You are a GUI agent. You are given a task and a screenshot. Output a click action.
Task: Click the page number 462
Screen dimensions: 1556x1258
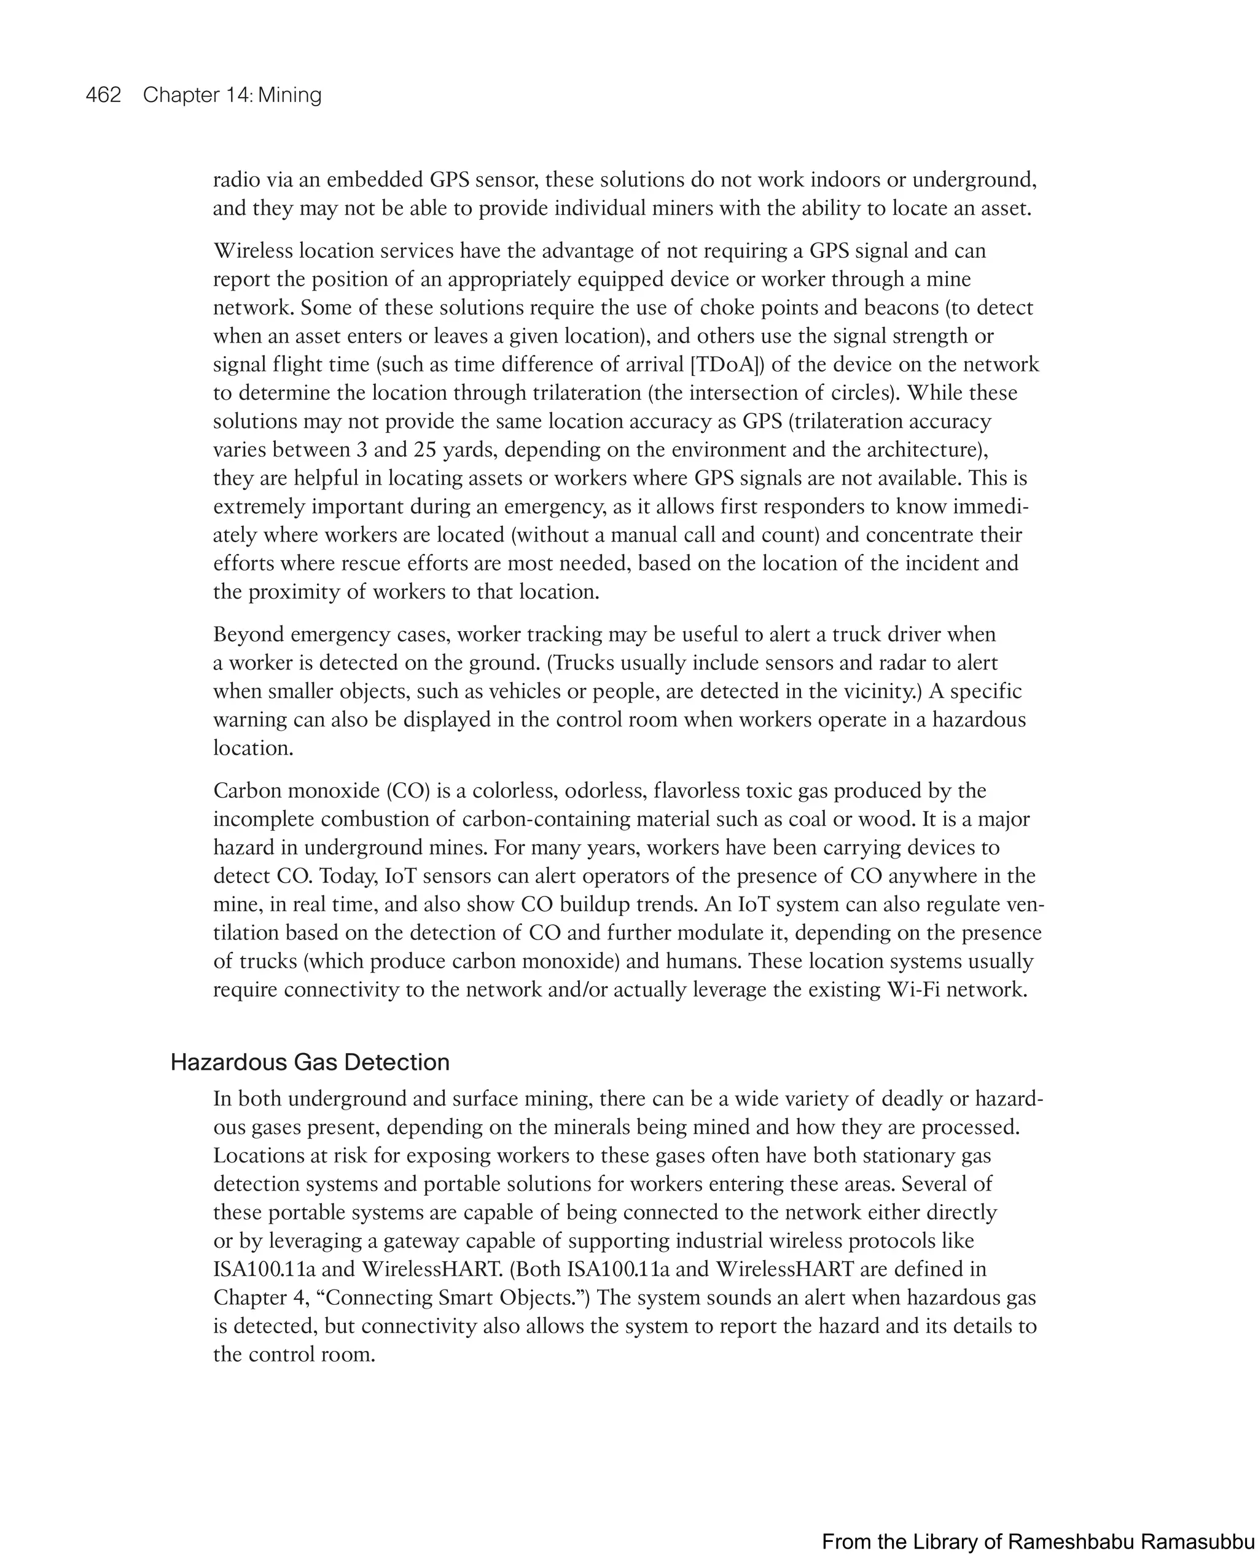103,95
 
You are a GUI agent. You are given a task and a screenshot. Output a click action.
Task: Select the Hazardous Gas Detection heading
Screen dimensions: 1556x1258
310,1062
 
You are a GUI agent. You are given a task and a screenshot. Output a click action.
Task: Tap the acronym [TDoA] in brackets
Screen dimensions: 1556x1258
727,364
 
